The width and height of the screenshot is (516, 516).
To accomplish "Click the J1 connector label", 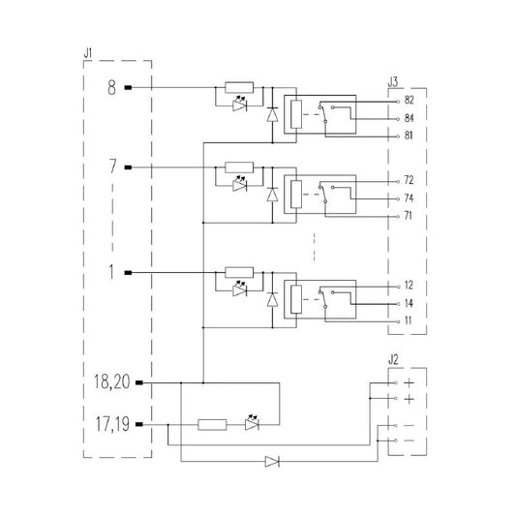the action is [88, 53].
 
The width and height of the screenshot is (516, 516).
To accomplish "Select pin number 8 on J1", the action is [112, 87].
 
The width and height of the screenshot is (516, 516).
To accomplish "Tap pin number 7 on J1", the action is [113, 167].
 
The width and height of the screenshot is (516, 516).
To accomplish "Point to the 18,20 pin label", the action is [112, 382].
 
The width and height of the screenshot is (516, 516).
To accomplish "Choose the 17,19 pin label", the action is [112, 424].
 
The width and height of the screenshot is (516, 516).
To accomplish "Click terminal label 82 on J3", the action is [409, 100].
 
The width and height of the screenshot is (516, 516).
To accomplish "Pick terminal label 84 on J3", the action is [409, 118].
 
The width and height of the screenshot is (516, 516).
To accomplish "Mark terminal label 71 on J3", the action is [409, 216].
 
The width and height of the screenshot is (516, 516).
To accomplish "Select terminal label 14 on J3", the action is [409, 303].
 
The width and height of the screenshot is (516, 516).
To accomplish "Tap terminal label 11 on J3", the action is [409, 320].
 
